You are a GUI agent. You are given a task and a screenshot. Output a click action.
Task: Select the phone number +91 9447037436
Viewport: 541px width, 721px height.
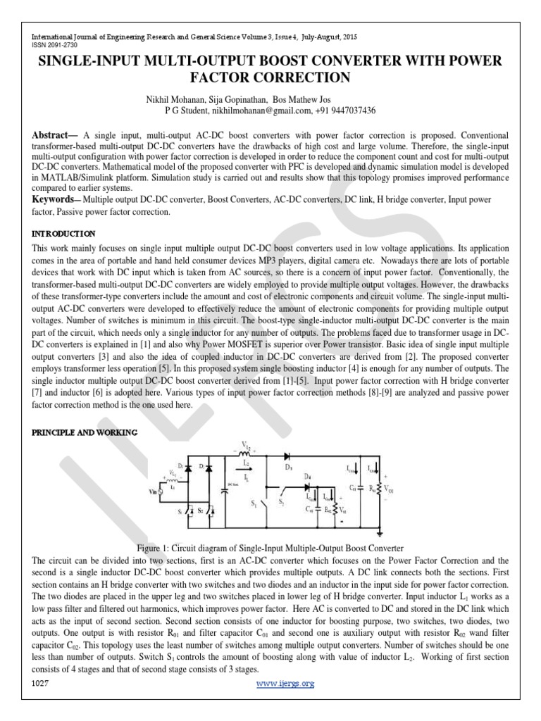pos(347,111)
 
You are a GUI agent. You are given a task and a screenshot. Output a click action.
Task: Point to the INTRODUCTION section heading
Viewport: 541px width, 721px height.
pos(63,233)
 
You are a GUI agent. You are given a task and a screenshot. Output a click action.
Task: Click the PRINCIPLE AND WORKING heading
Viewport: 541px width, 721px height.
pos(85,432)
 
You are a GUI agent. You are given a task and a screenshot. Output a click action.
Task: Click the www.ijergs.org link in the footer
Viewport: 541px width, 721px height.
pos(285,683)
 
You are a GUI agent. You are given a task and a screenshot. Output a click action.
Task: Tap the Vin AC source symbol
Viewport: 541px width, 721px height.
pos(160,493)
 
